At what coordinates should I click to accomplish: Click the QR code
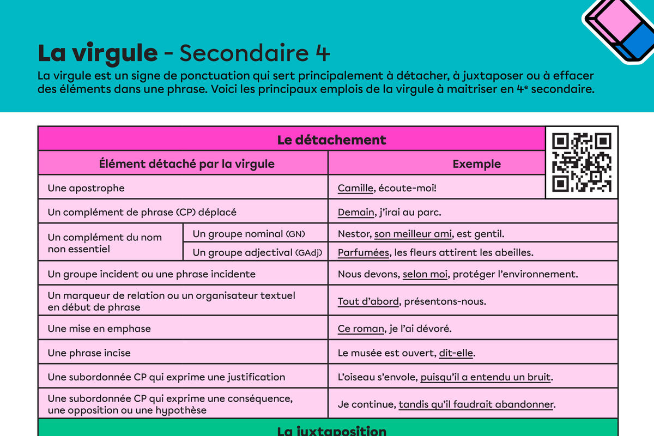(582, 162)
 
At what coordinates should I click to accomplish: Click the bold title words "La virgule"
(98, 53)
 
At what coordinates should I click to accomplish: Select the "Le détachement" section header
(331, 140)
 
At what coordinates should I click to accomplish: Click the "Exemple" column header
(476, 163)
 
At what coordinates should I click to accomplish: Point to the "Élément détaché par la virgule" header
(186, 163)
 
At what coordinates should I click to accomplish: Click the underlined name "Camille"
(355, 188)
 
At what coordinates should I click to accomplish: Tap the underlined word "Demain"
(355, 212)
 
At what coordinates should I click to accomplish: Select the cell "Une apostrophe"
(86, 188)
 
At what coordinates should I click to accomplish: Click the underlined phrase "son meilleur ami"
(413, 234)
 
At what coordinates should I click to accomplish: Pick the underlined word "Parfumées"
(363, 252)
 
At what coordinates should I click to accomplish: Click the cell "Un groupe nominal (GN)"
(249, 234)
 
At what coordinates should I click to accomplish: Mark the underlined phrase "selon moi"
(425, 274)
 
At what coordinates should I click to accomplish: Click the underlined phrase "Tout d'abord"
(368, 301)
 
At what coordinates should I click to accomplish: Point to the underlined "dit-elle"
(456, 353)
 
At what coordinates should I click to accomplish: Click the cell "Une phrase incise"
(89, 353)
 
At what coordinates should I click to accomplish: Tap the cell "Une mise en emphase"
(99, 329)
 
